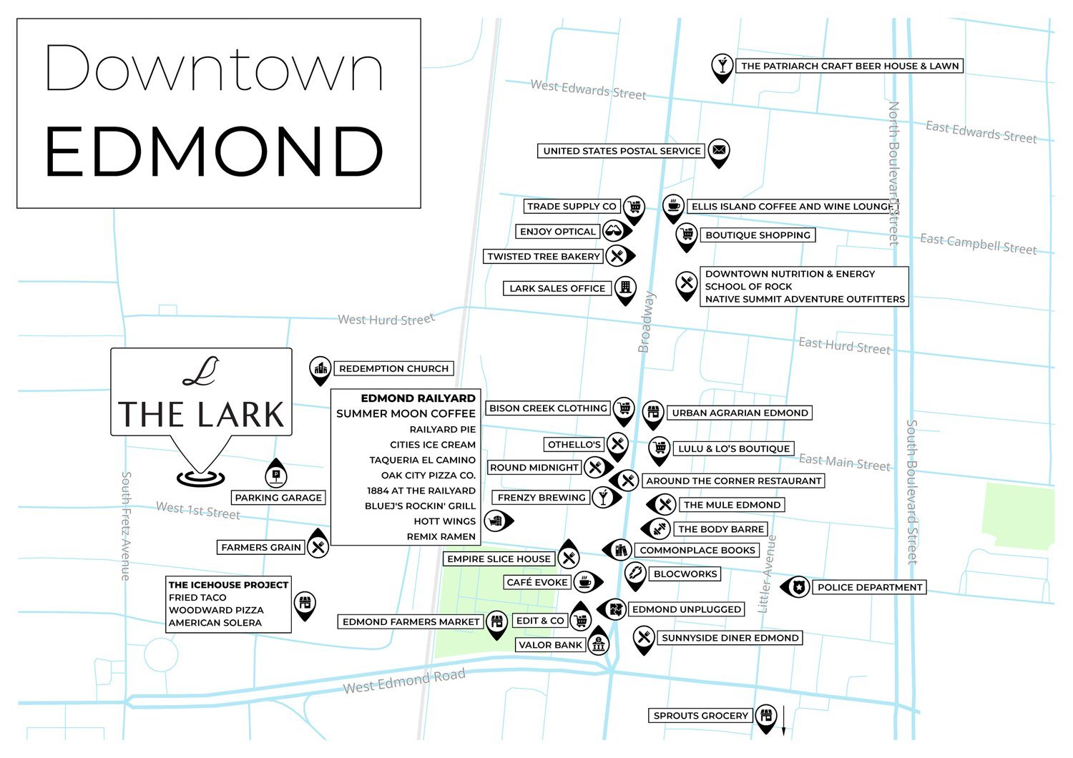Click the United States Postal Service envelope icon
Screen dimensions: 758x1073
point(719,150)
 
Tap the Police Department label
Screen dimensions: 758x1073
point(869,587)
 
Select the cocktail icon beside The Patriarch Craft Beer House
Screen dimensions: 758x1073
point(722,65)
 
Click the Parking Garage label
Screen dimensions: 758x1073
point(278,498)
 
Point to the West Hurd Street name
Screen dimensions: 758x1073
point(386,319)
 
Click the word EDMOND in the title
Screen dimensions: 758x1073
point(215,152)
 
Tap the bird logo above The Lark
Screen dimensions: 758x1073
point(200,371)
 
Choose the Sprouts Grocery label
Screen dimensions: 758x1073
point(700,715)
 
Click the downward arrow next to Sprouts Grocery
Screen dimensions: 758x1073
point(783,720)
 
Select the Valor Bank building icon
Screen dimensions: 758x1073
point(599,644)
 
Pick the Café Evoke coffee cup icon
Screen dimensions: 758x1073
point(586,581)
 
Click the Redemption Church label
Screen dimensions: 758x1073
point(393,369)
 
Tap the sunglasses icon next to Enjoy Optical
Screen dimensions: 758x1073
point(614,231)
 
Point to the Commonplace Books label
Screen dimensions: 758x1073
point(697,550)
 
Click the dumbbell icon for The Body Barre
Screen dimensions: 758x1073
point(658,528)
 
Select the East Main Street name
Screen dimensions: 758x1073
point(844,463)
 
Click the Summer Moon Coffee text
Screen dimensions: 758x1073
point(406,413)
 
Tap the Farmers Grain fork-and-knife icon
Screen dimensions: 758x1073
point(318,547)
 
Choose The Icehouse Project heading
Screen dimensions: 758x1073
point(228,584)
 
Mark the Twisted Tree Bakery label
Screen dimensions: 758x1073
point(544,256)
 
